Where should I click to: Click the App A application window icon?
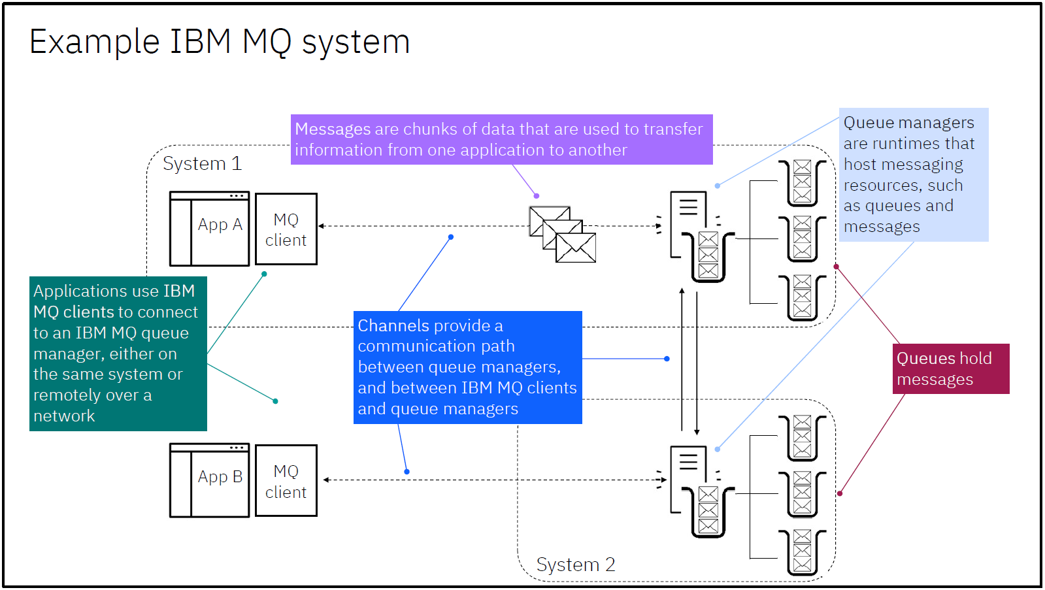tap(209, 229)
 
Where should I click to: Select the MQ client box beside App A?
tap(286, 229)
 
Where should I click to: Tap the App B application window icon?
tap(209, 480)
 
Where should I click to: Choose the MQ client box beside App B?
tap(286, 481)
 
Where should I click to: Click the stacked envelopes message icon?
tap(563, 235)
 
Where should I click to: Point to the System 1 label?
tap(202, 163)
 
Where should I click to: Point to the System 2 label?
tap(576, 565)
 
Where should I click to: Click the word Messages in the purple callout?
tap(333, 129)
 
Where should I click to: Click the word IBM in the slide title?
tap(200, 42)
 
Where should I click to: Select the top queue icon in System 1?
tap(803, 182)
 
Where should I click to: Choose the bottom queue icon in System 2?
tap(803, 552)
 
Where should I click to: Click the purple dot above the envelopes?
tap(537, 196)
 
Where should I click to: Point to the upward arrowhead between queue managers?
tap(682, 291)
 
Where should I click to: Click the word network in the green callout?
tap(64, 416)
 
